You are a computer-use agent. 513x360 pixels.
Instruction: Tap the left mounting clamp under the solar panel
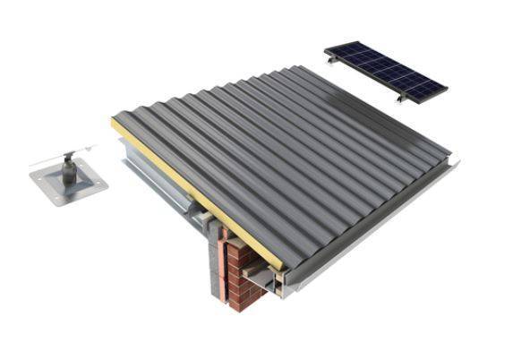pos(334,59)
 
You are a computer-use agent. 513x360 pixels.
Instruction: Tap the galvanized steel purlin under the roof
pos(161,179)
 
